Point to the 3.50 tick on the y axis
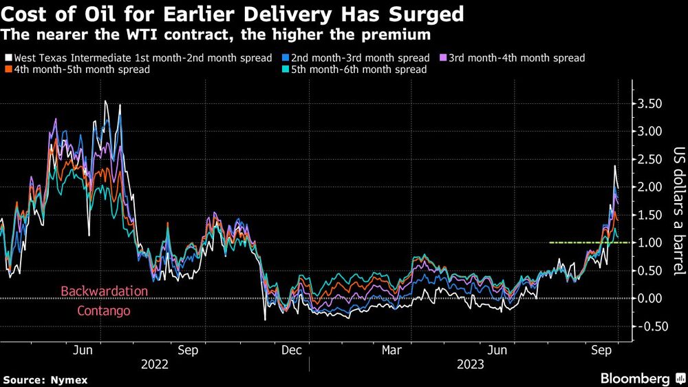pyautogui.click(x=649, y=103)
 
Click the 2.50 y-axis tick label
pyautogui.click(x=649, y=159)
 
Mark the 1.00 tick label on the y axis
pyautogui.click(x=649, y=242)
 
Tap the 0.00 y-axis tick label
pyautogui.click(x=649, y=298)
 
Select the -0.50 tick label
pyautogui.click(x=647, y=326)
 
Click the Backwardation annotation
pyautogui.click(x=104, y=291)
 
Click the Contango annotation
pyautogui.click(x=104, y=311)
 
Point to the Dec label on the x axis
pyautogui.click(x=291, y=350)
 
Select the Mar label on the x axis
pyautogui.click(x=391, y=350)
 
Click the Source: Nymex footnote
pyautogui.click(x=45, y=379)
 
